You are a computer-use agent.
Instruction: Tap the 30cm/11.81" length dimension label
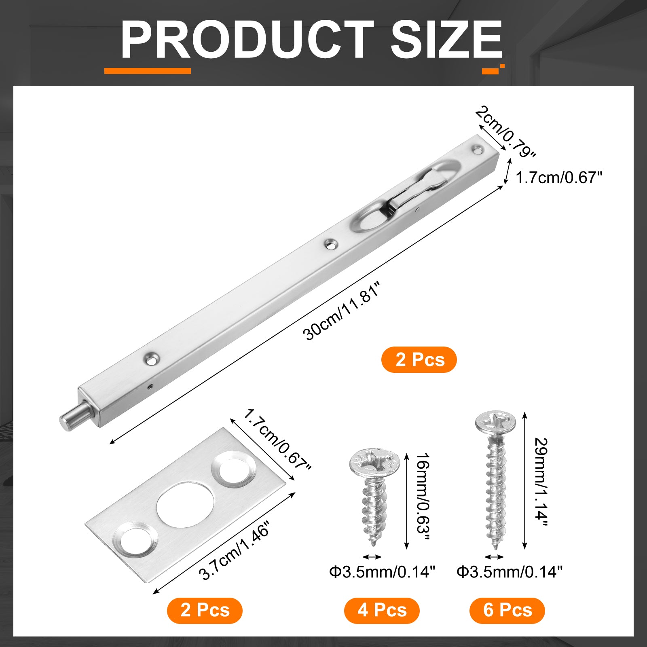click(342, 312)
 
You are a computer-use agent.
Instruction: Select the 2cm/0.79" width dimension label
click(505, 132)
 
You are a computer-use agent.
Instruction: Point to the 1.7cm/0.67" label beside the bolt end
click(559, 177)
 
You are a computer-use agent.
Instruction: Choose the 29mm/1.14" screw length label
click(541, 482)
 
